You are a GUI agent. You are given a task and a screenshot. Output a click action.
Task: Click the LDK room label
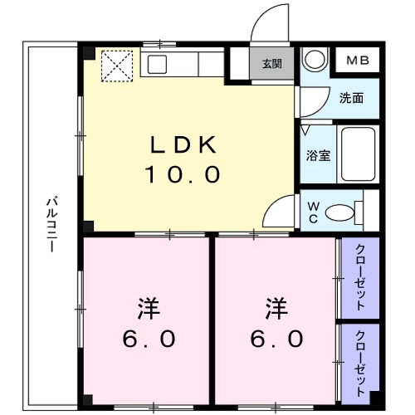(x=183, y=145)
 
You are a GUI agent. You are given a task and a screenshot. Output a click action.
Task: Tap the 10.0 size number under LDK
(x=183, y=174)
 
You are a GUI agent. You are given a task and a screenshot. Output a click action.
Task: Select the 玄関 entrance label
(x=271, y=64)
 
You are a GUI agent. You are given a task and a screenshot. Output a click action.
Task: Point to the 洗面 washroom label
(x=352, y=97)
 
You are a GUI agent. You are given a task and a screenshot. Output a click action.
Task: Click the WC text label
(x=313, y=211)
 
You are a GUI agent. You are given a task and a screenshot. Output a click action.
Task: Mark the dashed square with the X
(x=117, y=66)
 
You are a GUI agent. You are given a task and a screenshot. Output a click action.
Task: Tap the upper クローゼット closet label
(x=359, y=277)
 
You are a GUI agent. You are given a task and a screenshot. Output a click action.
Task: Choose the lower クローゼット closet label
(x=359, y=362)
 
